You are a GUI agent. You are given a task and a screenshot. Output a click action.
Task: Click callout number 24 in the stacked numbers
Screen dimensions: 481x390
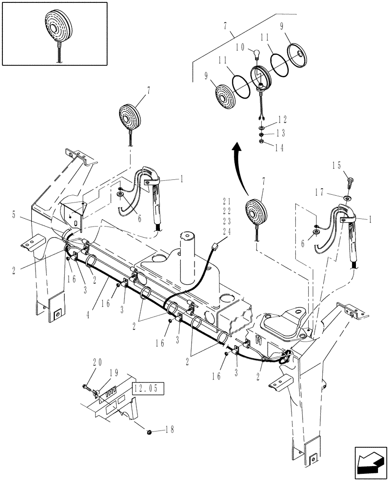(227, 231)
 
